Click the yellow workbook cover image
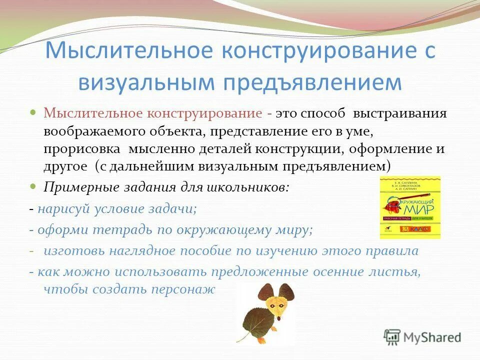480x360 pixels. (x=410, y=207)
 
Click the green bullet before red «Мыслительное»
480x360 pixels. (x=33, y=112)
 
